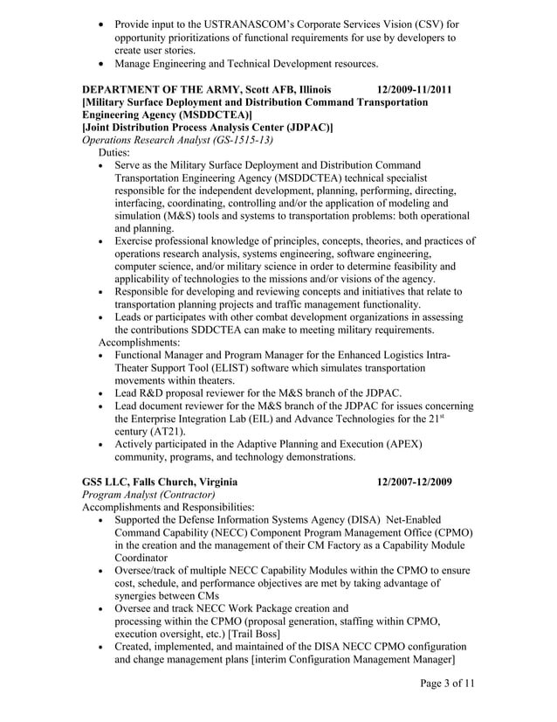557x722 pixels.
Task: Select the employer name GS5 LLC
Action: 107,482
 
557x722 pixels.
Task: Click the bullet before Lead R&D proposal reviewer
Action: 106,393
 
